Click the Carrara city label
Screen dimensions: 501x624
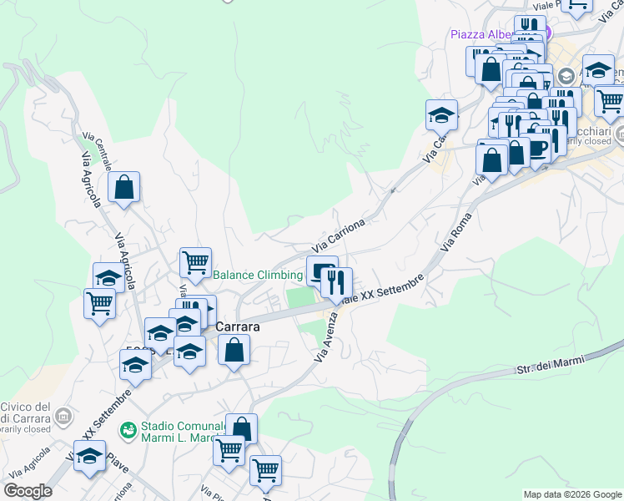tap(238, 327)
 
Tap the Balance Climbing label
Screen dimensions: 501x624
tap(258, 275)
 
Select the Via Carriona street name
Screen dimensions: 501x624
tap(340, 236)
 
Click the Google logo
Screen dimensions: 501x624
tap(28, 491)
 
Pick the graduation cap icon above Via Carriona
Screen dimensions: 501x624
tap(442, 114)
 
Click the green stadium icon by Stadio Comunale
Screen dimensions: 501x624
tap(128, 430)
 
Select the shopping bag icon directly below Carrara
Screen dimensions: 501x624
tap(234, 349)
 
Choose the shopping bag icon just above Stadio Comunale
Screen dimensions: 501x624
tap(241, 428)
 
